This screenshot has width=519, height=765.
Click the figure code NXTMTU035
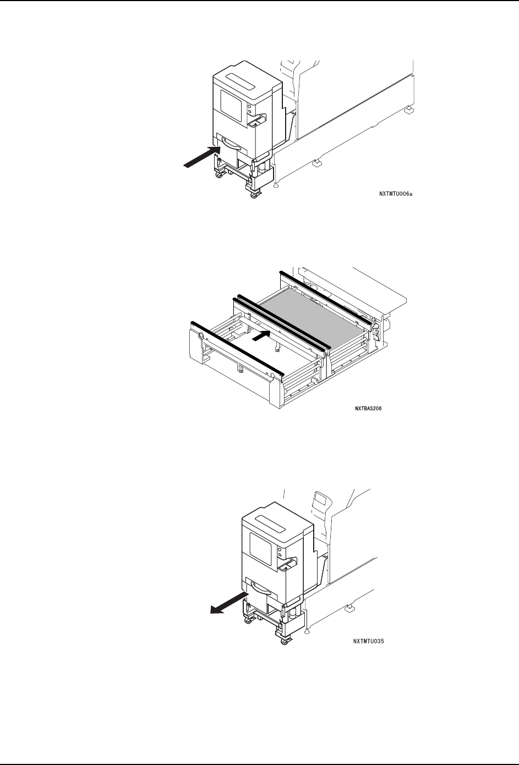368,641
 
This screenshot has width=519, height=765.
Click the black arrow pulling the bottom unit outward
227,602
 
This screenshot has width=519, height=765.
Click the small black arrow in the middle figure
260,336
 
